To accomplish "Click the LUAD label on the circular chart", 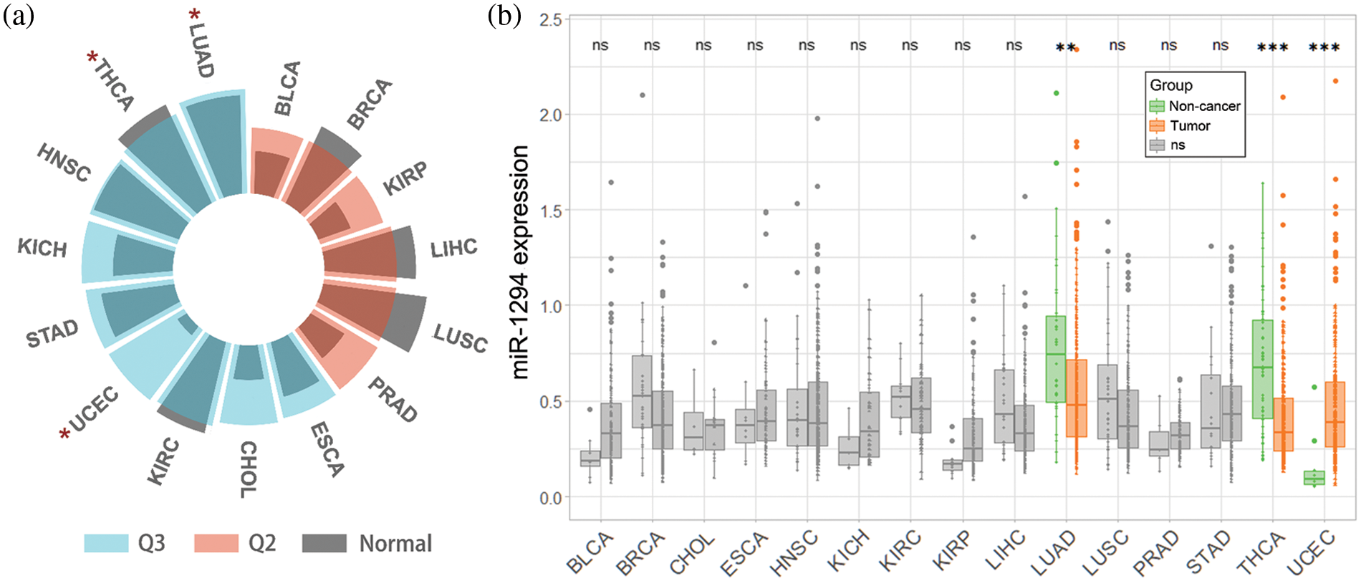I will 201,50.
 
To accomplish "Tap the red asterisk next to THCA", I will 92,58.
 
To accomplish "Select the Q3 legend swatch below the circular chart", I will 106,543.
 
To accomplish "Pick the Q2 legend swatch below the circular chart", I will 216,543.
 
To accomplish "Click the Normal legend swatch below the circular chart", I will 324,543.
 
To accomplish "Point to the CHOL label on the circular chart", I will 248,469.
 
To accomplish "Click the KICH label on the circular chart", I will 42,248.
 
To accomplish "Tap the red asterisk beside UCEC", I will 65,433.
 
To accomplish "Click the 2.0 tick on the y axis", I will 550,115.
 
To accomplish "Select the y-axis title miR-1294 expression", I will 521,262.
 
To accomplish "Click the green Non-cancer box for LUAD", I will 1055,359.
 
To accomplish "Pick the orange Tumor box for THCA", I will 1284,424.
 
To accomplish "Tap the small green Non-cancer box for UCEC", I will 1314,478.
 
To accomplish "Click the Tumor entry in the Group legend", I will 1189,126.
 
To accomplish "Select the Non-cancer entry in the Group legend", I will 1203,106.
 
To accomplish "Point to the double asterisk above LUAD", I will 1065,48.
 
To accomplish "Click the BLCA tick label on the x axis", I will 590,553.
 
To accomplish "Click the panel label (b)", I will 504,16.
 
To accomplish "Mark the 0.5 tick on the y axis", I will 550,402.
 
